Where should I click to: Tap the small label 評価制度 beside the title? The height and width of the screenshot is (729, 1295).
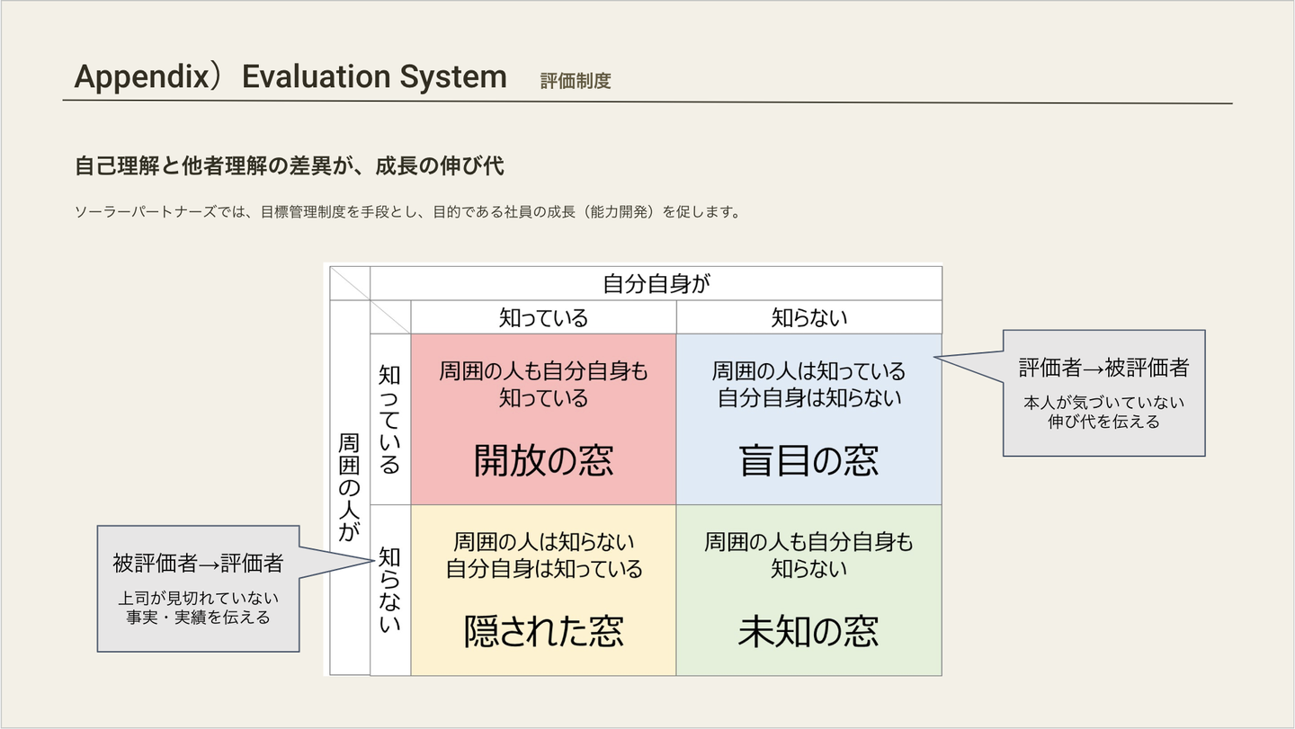(576, 81)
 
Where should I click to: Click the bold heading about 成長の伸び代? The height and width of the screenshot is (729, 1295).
(290, 166)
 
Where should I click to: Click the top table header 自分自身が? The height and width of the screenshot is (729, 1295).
(656, 283)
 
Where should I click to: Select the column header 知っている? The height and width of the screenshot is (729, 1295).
(543, 317)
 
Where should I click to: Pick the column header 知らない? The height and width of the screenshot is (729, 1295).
(808, 317)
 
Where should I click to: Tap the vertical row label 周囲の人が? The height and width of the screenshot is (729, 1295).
(349, 487)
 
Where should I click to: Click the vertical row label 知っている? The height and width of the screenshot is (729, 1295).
(389, 419)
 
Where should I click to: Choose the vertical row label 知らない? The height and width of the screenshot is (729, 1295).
(389, 590)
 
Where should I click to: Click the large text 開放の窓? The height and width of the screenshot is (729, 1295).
(543, 460)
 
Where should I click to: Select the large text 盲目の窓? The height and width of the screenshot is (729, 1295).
(808, 460)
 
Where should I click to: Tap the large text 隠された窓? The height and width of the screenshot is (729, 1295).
(543, 631)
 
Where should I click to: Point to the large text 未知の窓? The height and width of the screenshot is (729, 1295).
(808, 631)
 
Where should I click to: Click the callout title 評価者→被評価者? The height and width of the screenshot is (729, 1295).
(1103, 368)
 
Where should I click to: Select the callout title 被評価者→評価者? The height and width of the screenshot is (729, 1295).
(198, 564)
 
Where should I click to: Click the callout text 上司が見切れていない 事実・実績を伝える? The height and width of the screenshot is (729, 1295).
(198, 608)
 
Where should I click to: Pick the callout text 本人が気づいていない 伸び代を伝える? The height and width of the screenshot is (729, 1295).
(1103, 412)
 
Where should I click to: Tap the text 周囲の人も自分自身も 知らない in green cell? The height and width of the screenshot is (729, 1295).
(808, 555)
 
